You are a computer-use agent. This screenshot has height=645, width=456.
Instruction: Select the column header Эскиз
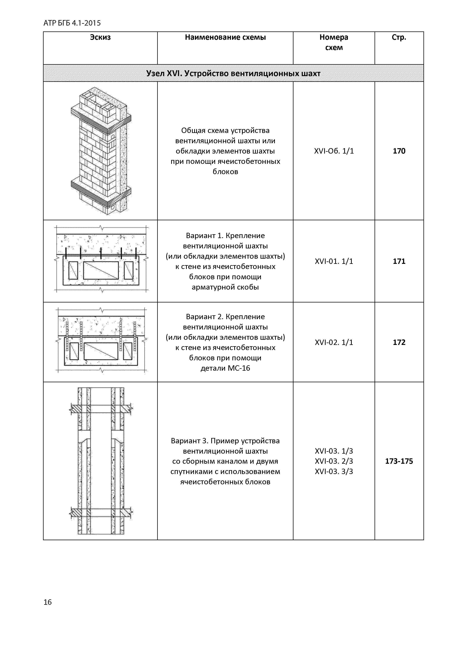tap(100, 37)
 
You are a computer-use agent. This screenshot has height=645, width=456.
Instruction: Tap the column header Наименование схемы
tap(225, 37)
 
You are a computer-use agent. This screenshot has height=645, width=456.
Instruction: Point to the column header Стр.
tap(399, 37)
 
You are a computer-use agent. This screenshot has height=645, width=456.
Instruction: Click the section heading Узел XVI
tap(233, 74)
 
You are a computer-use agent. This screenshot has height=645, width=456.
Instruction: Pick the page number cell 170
tap(399, 151)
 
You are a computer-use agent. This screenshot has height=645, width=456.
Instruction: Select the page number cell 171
tap(399, 261)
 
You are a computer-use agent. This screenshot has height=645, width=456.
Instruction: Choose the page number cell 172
tap(399, 342)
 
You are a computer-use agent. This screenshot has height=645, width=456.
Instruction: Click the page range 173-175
tap(399, 462)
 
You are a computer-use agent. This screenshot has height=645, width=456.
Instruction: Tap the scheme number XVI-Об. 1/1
tap(334, 151)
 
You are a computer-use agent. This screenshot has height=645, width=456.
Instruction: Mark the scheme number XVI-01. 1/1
tap(334, 261)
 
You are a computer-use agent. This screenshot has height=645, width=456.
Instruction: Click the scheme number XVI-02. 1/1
tap(334, 342)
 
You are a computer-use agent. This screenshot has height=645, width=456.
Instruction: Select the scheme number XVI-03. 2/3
tap(334, 461)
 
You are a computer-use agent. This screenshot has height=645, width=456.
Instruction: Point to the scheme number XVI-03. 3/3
tap(334, 472)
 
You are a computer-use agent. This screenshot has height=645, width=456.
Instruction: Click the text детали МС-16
tap(225, 368)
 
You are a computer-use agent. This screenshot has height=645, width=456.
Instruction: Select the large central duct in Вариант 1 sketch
tap(101, 270)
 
